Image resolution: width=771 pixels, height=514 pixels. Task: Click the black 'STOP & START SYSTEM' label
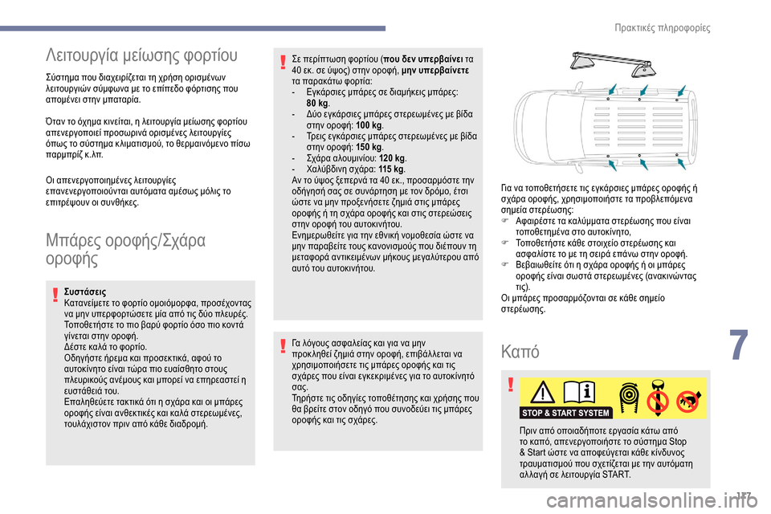pos(565,413)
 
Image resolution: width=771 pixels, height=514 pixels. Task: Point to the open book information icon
pos(582,393)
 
